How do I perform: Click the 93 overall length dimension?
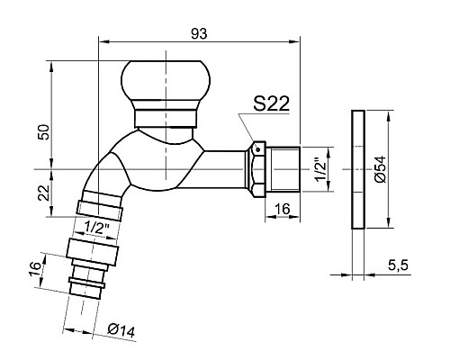[x=199, y=33]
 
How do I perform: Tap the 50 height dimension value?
[x=43, y=131]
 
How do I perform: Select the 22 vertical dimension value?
[x=44, y=193]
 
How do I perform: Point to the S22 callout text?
[x=271, y=103]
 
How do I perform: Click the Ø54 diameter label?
[x=380, y=169]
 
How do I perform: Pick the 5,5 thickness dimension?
[x=398, y=265]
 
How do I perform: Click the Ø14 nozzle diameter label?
[x=121, y=330]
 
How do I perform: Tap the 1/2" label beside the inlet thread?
[x=321, y=170]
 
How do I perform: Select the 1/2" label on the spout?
[x=96, y=228]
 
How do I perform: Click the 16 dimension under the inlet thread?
[x=283, y=209]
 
